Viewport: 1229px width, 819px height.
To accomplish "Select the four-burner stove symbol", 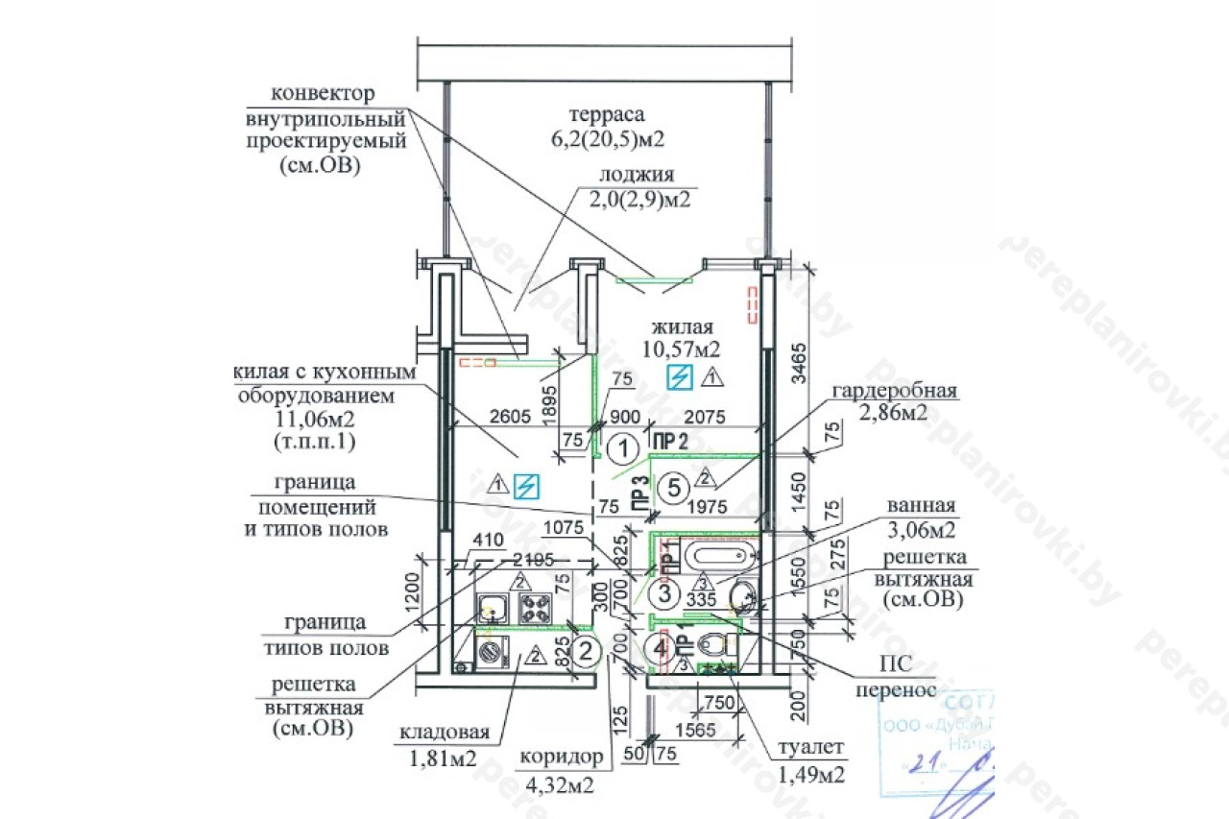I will (x=534, y=606).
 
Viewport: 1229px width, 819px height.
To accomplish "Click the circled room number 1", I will (x=624, y=447).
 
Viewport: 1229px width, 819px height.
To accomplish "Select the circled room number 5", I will (x=675, y=488).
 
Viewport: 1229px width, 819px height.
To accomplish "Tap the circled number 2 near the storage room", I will (x=584, y=652).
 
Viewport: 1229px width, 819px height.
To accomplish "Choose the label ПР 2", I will (x=670, y=442).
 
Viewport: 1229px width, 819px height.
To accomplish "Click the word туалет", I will (x=811, y=747).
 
